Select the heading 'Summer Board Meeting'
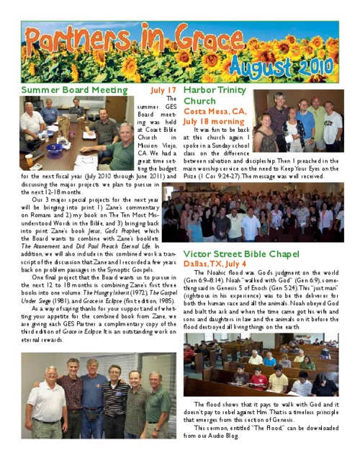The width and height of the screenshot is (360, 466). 74,91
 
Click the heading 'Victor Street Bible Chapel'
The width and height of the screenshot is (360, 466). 246,254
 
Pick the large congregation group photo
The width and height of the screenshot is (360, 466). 253,214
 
